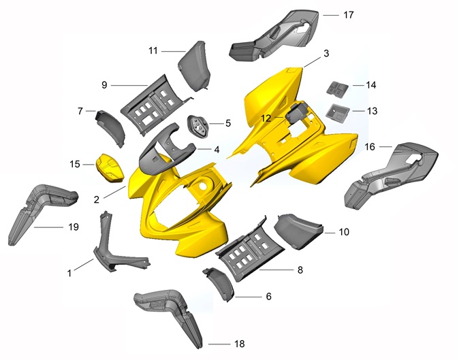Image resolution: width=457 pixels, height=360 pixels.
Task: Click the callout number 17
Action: (x=348, y=15)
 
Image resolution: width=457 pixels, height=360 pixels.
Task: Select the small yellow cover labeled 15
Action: (x=110, y=168)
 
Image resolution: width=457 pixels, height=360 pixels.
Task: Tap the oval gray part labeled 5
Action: (x=198, y=125)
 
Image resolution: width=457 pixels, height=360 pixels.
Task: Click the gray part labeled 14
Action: (x=337, y=88)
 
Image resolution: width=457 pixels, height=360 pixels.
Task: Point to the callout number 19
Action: (x=74, y=227)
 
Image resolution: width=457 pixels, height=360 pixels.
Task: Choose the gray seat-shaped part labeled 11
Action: (x=194, y=66)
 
